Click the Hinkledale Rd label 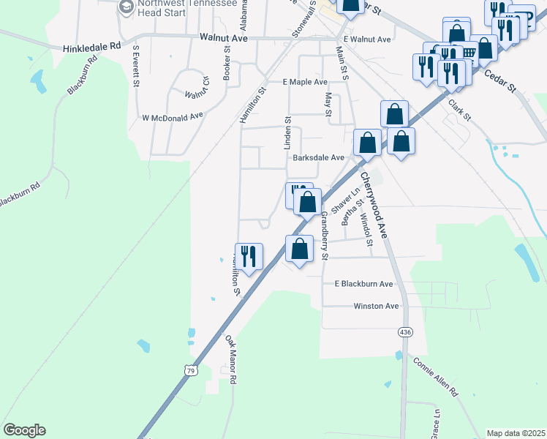[x=91, y=45]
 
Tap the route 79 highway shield [x=189, y=371]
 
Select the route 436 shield [x=404, y=332]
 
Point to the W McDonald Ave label [x=172, y=116]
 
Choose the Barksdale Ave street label [x=318, y=157]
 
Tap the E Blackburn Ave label [x=363, y=284]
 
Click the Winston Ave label [x=376, y=306]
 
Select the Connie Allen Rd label [x=435, y=376]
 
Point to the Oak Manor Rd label [x=230, y=360]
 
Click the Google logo [x=24, y=430]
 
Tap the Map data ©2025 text [x=516, y=433]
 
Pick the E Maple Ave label [x=305, y=82]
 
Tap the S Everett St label [x=136, y=67]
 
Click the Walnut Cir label [x=197, y=94]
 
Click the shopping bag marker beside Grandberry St [x=300, y=249]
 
